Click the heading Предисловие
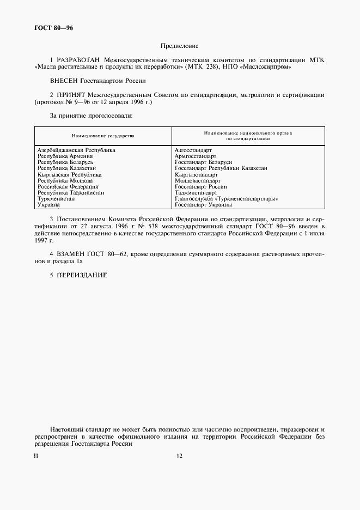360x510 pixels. pos(180,47)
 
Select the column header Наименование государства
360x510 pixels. pos(103,135)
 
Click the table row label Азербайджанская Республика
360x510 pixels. pos(76,150)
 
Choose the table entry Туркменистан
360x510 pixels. pos(56,199)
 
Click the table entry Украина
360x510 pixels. pos(48,205)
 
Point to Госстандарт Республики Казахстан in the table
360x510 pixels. pos(221,168)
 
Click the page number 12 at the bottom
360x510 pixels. pos(180,456)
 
